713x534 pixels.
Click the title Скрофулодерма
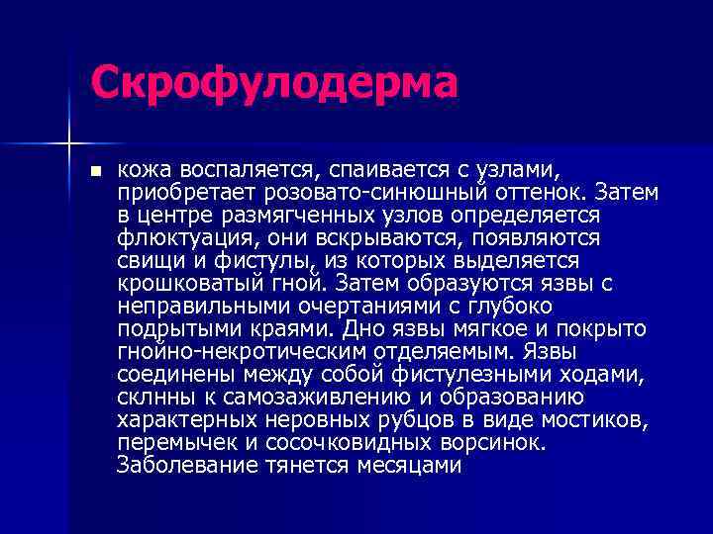[274, 83]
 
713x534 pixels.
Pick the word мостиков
[602, 420]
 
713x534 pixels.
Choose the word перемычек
[177, 443]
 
